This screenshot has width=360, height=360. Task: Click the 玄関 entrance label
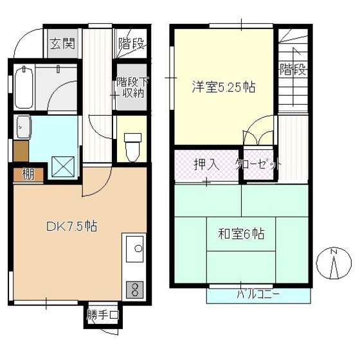pyautogui.click(x=63, y=44)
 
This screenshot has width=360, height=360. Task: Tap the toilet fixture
pyautogui.click(x=132, y=147)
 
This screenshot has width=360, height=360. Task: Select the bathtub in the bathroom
pyautogui.click(x=24, y=87)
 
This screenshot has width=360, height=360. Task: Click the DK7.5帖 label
pyautogui.click(x=72, y=226)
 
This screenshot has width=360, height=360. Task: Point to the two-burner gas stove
pyautogui.click(x=134, y=289)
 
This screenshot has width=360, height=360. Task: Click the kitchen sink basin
pyautogui.click(x=134, y=249)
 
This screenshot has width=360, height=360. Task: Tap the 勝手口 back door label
pyautogui.click(x=103, y=315)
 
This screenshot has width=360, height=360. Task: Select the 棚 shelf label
pyautogui.click(x=28, y=174)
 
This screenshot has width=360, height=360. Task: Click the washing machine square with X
pyautogui.click(x=63, y=166)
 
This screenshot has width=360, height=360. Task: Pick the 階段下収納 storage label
pyautogui.click(x=132, y=87)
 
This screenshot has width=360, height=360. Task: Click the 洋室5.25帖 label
pyautogui.click(x=224, y=87)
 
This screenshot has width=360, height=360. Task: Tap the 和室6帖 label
pyautogui.click(x=241, y=234)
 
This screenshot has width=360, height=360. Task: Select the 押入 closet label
pyautogui.click(x=206, y=164)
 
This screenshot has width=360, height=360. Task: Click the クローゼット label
pyautogui.click(x=258, y=164)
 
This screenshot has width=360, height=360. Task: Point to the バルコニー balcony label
pyautogui.click(x=258, y=294)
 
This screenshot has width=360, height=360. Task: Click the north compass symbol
pyautogui.click(x=334, y=264)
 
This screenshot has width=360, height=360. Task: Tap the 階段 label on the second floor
pyautogui.click(x=293, y=69)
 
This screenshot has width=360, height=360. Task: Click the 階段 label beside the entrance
pyautogui.click(x=131, y=43)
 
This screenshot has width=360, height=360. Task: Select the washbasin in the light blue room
pyautogui.click(x=22, y=127)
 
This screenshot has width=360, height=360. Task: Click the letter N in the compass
pyautogui.click(x=334, y=252)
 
